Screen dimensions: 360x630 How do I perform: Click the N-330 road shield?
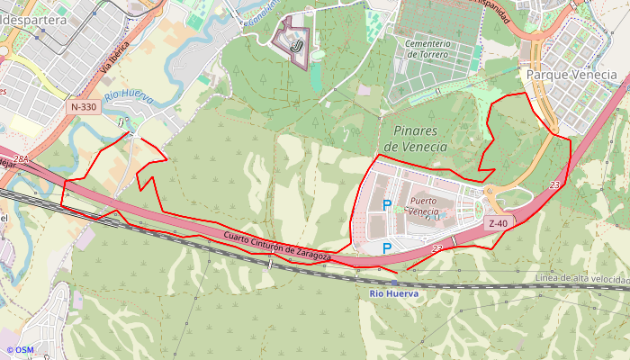click(83, 107)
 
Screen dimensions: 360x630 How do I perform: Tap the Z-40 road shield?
click(499, 223)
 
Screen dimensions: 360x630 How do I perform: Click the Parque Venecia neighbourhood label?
click(571, 75)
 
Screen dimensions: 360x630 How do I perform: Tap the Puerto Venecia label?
click(428, 206)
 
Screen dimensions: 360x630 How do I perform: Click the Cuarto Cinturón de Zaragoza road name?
click(277, 247)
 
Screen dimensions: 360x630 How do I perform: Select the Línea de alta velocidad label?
click(580, 279)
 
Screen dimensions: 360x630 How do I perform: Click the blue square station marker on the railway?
click(394, 283)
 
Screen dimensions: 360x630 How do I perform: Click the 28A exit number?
click(22, 159)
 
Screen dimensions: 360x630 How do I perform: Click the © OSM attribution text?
click(19, 350)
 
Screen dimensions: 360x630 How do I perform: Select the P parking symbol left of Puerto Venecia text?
click(387, 206)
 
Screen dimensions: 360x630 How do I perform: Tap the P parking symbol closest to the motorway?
click(387, 247)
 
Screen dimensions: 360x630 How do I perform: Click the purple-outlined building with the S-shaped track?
click(292, 40)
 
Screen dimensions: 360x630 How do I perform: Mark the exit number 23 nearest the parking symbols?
click(437, 247)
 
